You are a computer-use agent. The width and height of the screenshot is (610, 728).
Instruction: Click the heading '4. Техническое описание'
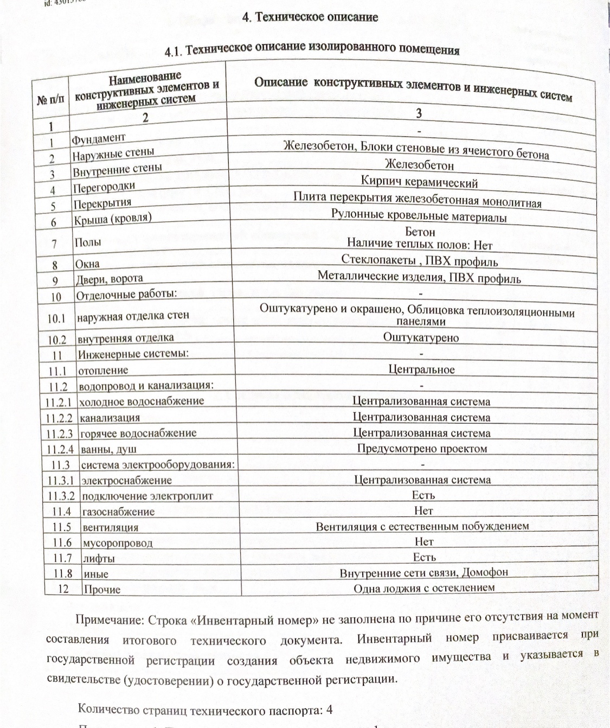point(310,17)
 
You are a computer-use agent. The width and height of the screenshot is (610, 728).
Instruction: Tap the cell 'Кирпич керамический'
point(419,182)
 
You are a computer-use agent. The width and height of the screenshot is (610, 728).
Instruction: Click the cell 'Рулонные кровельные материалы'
point(419,215)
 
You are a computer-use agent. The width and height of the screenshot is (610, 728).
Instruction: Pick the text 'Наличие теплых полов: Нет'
point(419,245)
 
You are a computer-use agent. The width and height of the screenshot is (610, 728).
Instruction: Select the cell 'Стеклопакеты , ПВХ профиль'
point(419,261)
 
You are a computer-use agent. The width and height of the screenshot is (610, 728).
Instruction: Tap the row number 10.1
point(56,319)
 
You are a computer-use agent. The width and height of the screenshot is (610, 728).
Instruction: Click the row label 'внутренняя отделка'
point(126,339)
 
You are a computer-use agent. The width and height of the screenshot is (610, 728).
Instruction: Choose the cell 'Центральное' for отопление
point(421,370)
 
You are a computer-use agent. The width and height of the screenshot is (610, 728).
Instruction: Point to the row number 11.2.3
point(59,434)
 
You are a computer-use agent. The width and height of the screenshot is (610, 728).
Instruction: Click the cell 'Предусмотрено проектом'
point(422,449)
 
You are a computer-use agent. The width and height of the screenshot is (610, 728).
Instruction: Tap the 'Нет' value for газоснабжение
point(423,510)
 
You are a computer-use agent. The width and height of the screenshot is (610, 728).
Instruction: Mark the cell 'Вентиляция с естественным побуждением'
point(422,526)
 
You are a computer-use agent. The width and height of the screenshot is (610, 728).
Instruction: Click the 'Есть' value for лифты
point(423,557)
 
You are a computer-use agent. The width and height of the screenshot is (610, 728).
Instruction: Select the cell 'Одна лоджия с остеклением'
point(424,588)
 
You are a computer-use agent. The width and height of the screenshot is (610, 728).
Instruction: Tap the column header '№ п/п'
point(50,100)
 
